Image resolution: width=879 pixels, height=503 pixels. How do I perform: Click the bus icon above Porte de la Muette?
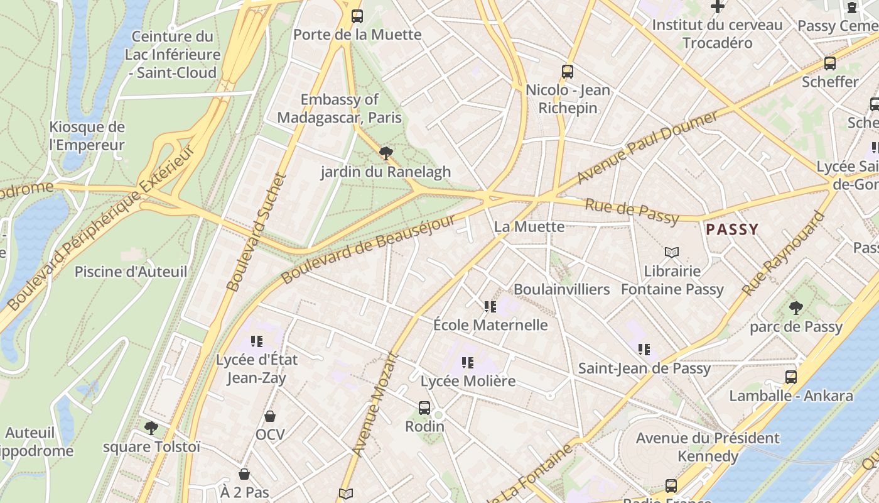coord(357,16)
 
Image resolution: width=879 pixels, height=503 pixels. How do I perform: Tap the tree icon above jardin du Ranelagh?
coord(386,153)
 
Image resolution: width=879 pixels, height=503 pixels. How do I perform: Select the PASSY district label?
coord(732,229)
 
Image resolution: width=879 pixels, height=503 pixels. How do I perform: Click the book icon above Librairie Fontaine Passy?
coord(672,253)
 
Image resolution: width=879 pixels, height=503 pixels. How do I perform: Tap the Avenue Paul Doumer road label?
coord(647,148)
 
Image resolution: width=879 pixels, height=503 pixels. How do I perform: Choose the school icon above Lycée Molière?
coord(468,363)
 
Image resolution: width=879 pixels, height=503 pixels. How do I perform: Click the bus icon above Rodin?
coord(424,408)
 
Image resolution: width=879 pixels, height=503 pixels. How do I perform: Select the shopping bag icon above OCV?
coord(270,416)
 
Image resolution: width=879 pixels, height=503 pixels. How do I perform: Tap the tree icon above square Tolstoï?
coord(151,428)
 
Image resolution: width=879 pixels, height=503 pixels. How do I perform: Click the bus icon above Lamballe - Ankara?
coord(791,377)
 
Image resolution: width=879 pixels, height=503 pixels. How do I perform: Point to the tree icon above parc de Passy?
coord(795,308)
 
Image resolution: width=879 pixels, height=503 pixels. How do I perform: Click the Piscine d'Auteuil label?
coord(131,272)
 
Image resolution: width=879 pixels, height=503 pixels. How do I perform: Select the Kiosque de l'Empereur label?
coord(87,136)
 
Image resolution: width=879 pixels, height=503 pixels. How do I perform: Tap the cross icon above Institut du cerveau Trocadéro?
coord(717,7)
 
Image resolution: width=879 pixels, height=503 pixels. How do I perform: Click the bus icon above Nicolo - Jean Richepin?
coord(568,72)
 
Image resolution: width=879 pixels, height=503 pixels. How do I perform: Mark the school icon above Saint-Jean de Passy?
coord(644,350)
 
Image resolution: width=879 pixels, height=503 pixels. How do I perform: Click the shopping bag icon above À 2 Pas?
coord(244,474)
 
